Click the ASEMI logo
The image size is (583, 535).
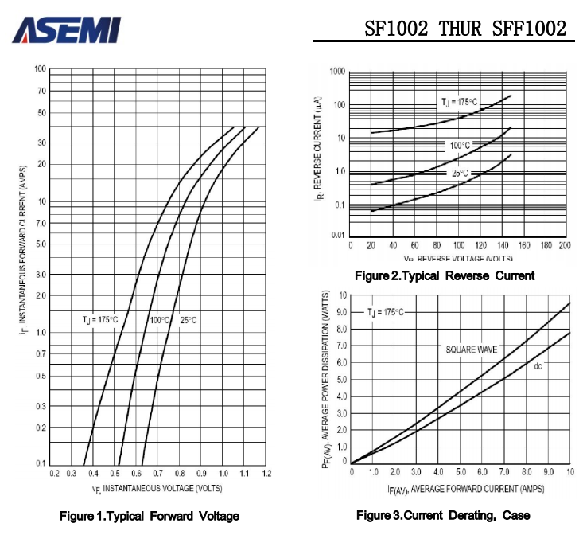(x=67, y=29)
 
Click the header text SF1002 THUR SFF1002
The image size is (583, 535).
(x=465, y=29)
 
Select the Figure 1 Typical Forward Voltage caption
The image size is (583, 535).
(x=150, y=517)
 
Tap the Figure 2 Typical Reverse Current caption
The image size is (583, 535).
(x=445, y=275)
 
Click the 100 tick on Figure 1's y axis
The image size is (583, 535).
(x=40, y=69)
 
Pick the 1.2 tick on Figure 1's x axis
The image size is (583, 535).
(x=266, y=473)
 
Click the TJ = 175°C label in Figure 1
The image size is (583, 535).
(x=100, y=319)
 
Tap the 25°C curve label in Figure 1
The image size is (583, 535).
(x=188, y=319)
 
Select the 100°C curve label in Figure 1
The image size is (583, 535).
(x=160, y=319)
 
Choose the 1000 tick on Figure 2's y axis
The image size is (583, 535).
(x=336, y=72)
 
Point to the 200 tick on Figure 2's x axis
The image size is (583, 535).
(x=563, y=246)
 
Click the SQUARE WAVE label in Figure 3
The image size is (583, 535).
(x=471, y=349)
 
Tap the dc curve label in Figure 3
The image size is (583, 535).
(x=538, y=365)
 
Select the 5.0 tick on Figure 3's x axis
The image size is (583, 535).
(x=461, y=473)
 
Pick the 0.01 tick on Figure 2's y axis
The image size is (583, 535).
(x=336, y=236)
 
